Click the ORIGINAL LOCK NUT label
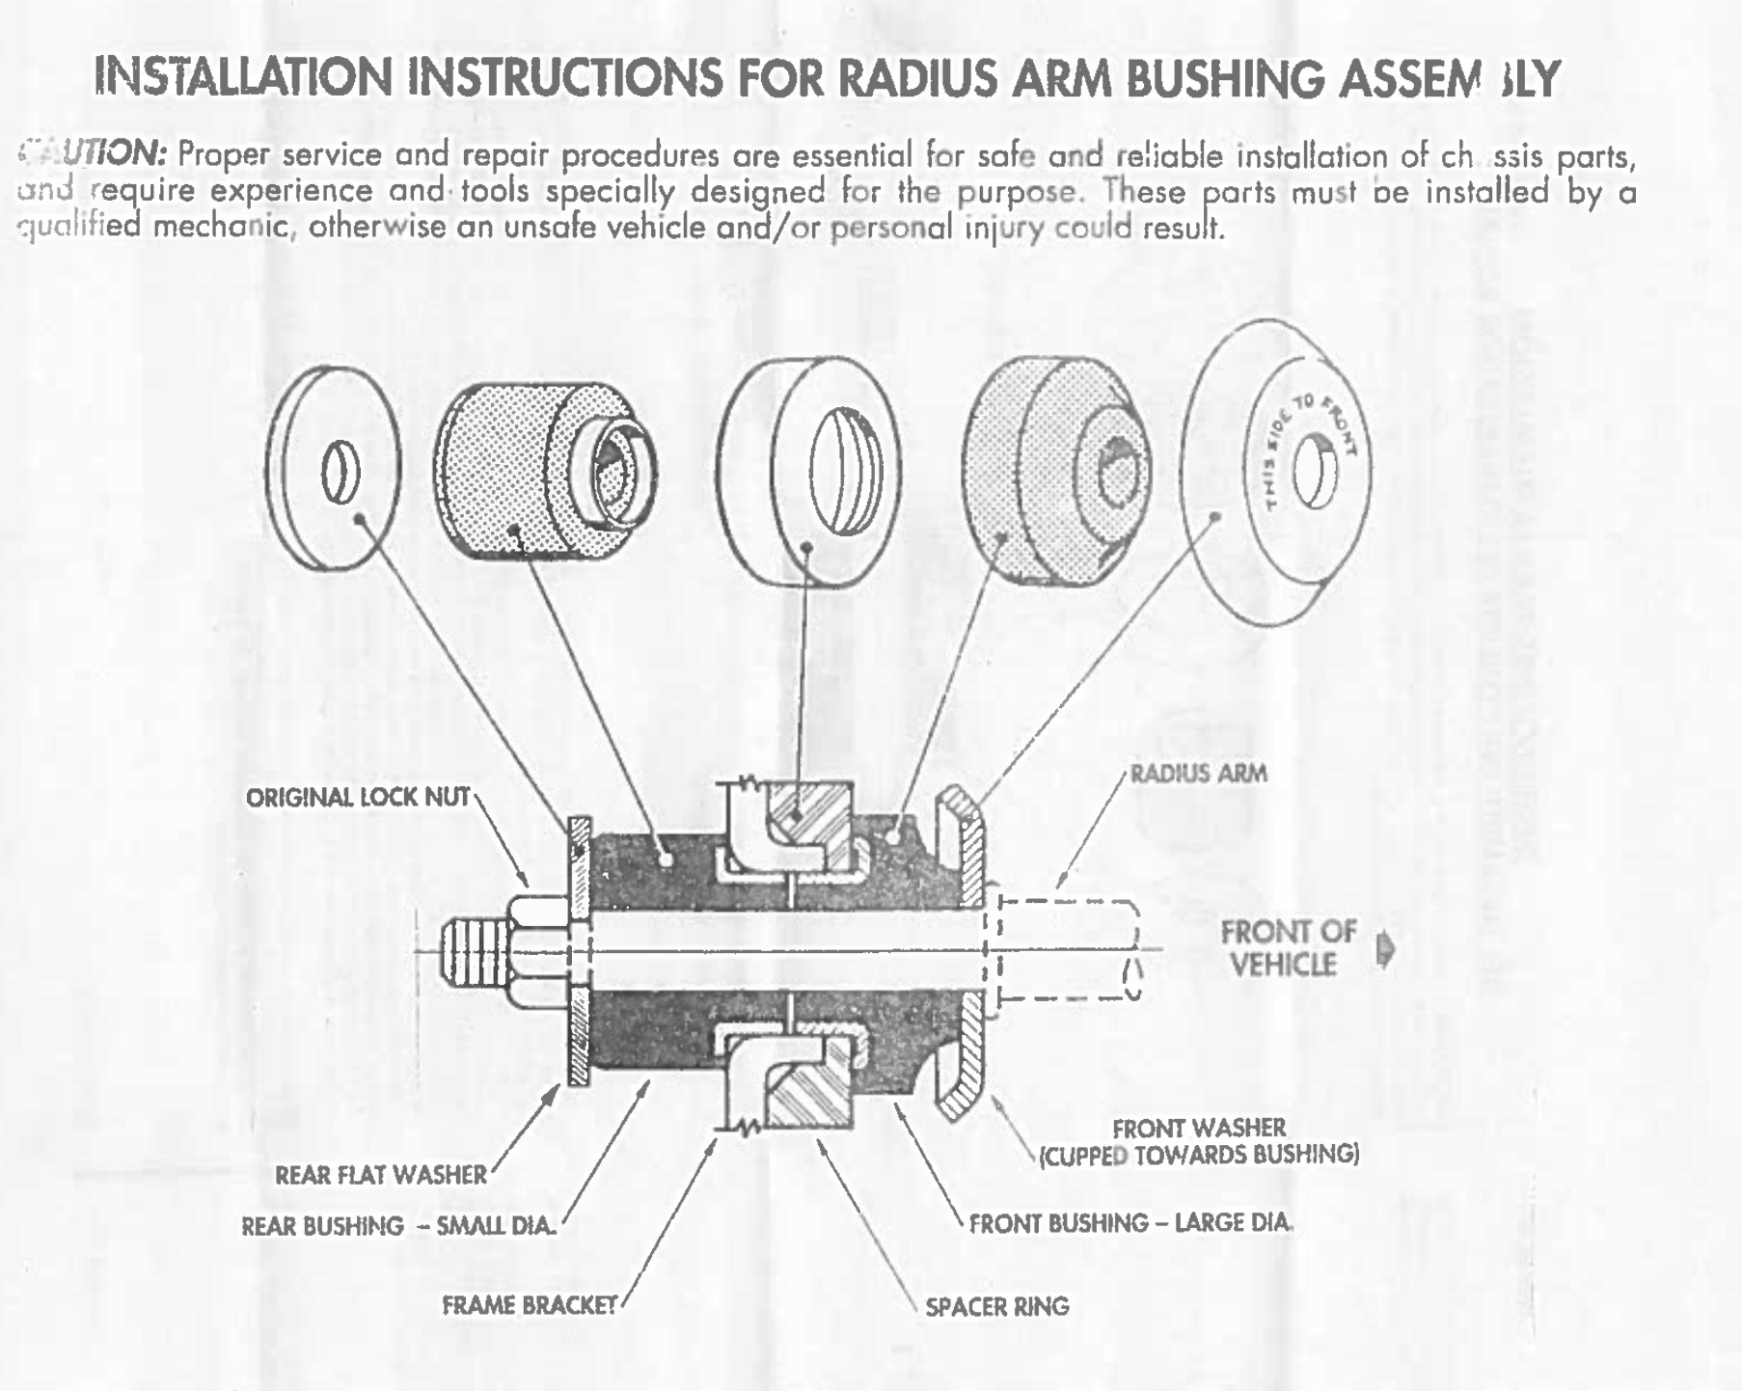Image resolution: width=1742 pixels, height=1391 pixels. pyautogui.click(x=357, y=798)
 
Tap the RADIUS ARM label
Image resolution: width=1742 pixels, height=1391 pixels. pyautogui.click(x=1198, y=774)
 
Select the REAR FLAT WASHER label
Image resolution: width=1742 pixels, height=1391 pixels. pyautogui.click(x=381, y=1175)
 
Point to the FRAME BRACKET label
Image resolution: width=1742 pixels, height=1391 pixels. pyautogui.click(x=530, y=1305)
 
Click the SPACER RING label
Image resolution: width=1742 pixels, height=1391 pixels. pyautogui.click(x=997, y=1307)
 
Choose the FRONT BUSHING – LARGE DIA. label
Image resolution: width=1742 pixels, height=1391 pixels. pyautogui.click(x=1130, y=1223)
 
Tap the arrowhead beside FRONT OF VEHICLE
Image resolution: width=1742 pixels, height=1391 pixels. pyautogui.click(x=1386, y=949)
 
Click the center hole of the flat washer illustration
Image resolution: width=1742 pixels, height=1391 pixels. pyautogui.click(x=340, y=473)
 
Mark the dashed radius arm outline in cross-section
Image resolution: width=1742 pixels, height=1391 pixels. pyautogui.click(x=1066, y=950)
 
